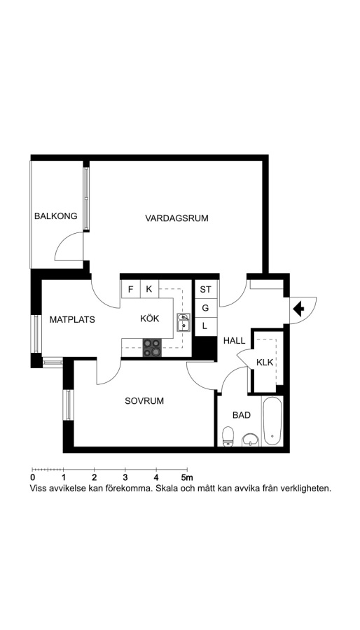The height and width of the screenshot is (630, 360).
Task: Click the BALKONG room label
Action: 56,216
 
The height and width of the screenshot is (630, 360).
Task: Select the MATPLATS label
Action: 72,320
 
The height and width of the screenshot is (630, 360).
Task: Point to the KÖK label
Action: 150,318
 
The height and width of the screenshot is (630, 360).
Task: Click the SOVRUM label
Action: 144,401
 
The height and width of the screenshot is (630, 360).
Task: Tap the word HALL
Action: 234,341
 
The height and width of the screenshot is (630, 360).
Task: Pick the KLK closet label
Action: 265,363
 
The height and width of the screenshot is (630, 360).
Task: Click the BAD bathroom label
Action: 242,415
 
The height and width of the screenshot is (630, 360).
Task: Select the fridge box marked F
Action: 131,289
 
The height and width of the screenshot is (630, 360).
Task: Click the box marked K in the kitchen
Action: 149,289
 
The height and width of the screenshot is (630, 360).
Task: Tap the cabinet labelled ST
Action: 206,289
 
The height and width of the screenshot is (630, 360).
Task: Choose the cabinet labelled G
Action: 206,308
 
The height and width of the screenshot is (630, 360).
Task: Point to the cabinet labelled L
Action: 206,327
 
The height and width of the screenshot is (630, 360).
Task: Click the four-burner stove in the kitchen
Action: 152,347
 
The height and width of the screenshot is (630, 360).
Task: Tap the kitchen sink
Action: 183,323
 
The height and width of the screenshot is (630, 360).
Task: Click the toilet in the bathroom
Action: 228,436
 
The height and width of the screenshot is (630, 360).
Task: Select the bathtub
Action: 272,421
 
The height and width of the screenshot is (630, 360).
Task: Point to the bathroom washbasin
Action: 251,440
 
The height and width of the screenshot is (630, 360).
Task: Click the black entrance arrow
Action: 298,309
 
